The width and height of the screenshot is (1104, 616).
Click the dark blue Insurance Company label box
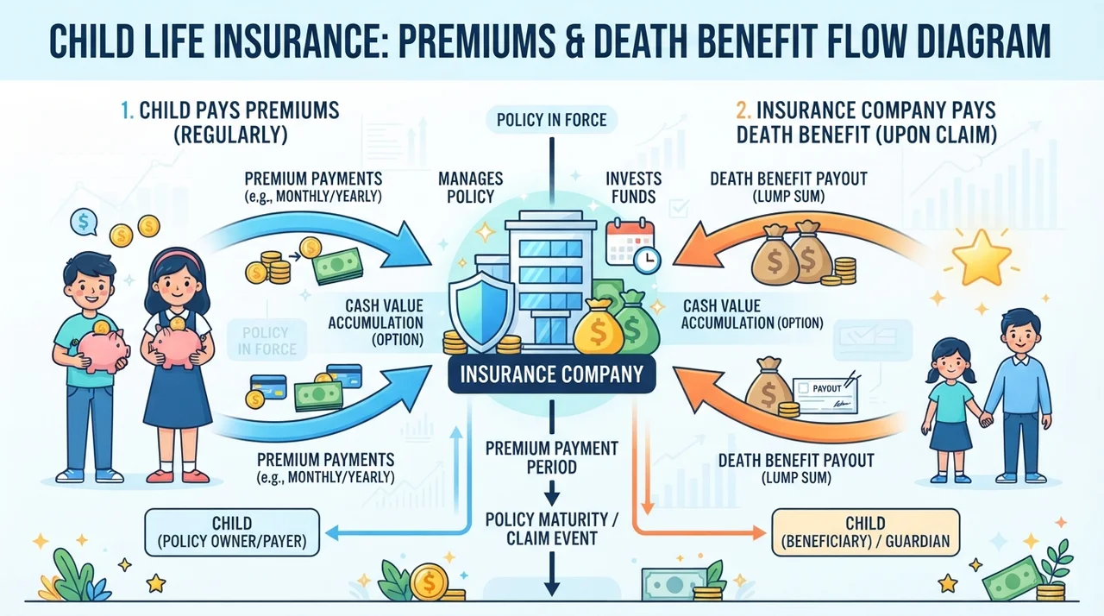(552, 374)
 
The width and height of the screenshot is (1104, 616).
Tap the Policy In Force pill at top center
(551, 120)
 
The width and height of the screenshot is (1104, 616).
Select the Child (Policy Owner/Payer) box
(232, 532)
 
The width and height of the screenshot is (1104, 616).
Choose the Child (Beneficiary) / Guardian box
(865, 532)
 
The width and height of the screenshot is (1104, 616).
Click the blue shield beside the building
(482, 311)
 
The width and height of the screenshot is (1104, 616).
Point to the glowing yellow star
(982, 257)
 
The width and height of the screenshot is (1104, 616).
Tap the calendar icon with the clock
(633, 245)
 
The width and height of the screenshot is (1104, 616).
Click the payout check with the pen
(825, 394)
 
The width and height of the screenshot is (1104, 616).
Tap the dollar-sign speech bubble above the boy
(84, 223)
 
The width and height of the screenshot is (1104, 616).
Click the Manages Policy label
(470, 187)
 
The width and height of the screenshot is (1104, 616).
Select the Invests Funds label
(633, 187)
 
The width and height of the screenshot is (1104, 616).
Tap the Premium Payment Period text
(551, 457)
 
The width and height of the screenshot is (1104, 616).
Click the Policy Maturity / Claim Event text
(551, 529)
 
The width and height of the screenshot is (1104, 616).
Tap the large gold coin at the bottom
(429, 582)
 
